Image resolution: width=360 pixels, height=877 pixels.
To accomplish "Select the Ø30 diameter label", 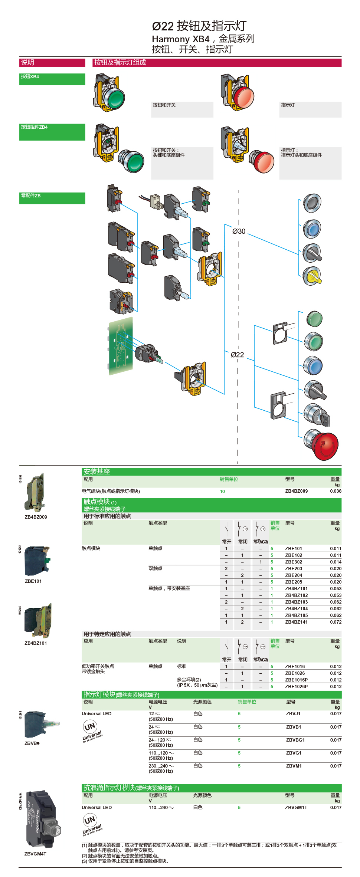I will click(239, 231).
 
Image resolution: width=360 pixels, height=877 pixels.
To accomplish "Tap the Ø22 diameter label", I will click(237, 355).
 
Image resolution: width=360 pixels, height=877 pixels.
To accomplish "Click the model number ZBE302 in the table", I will click(294, 562).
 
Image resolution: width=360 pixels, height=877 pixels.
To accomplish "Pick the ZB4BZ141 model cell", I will click(296, 622).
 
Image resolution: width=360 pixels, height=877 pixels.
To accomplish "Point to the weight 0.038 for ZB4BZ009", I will click(336, 491).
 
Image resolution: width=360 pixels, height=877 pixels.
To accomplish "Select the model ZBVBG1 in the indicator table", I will click(295, 740).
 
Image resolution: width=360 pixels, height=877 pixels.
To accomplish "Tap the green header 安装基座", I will click(96, 472).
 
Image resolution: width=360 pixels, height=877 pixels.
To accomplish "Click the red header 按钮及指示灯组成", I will click(120, 63).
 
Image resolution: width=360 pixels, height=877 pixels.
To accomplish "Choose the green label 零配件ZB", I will click(31, 196).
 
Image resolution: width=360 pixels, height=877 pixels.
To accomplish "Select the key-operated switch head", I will click(317, 415).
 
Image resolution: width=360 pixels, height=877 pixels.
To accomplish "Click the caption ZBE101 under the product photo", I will click(33, 581).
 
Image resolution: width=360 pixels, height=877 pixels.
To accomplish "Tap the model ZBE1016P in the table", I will click(296, 680).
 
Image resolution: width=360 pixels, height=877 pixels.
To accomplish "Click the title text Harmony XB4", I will click(180, 39).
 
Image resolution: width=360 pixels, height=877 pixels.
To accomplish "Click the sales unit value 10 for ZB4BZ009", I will click(222, 492).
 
